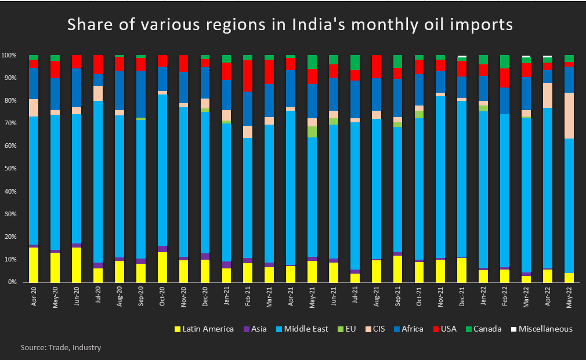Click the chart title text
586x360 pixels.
point(290,26)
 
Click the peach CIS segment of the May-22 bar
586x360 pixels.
point(569,116)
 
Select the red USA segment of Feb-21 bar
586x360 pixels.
point(248,75)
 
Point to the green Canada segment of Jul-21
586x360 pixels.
point(355,63)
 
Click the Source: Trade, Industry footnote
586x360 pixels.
point(61,348)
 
